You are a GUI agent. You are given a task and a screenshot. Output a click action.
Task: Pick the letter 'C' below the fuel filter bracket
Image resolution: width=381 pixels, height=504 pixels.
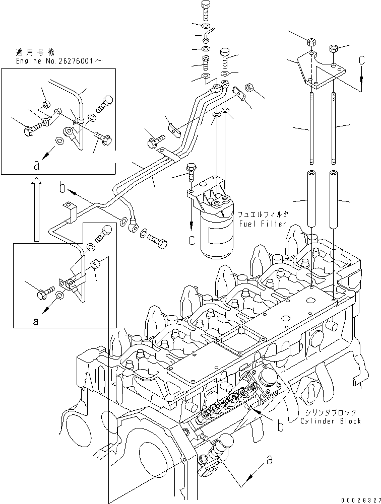coord(191,241)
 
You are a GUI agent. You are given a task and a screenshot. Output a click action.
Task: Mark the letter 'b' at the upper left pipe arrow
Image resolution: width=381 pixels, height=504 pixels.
coord(62,189)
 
